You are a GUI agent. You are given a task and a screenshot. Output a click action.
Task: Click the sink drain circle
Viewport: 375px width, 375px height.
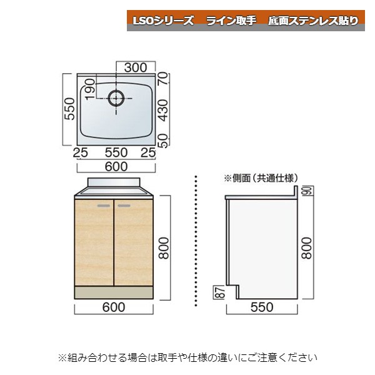click(x=116, y=99)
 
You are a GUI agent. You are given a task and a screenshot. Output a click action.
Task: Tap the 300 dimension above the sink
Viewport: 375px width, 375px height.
click(x=136, y=67)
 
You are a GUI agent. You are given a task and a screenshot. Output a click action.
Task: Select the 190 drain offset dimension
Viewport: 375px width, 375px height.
click(x=89, y=89)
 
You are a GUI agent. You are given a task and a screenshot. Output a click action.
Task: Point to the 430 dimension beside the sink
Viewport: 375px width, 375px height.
click(x=163, y=110)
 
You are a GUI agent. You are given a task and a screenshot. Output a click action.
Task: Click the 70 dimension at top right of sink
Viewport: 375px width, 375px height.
click(x=164, y=78)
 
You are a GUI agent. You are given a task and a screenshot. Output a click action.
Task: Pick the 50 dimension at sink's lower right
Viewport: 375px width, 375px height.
click(x=164, y=141)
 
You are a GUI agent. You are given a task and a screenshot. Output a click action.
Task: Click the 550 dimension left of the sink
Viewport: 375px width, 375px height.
click(x=70, y=109)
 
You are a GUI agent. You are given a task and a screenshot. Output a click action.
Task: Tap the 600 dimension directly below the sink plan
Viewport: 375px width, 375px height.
click(x=116, y=166)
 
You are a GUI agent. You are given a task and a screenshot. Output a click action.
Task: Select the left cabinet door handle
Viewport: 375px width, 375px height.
click(x=104, y=206)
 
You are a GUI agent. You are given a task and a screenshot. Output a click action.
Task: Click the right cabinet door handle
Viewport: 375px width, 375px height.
click(x=124, y=206)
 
